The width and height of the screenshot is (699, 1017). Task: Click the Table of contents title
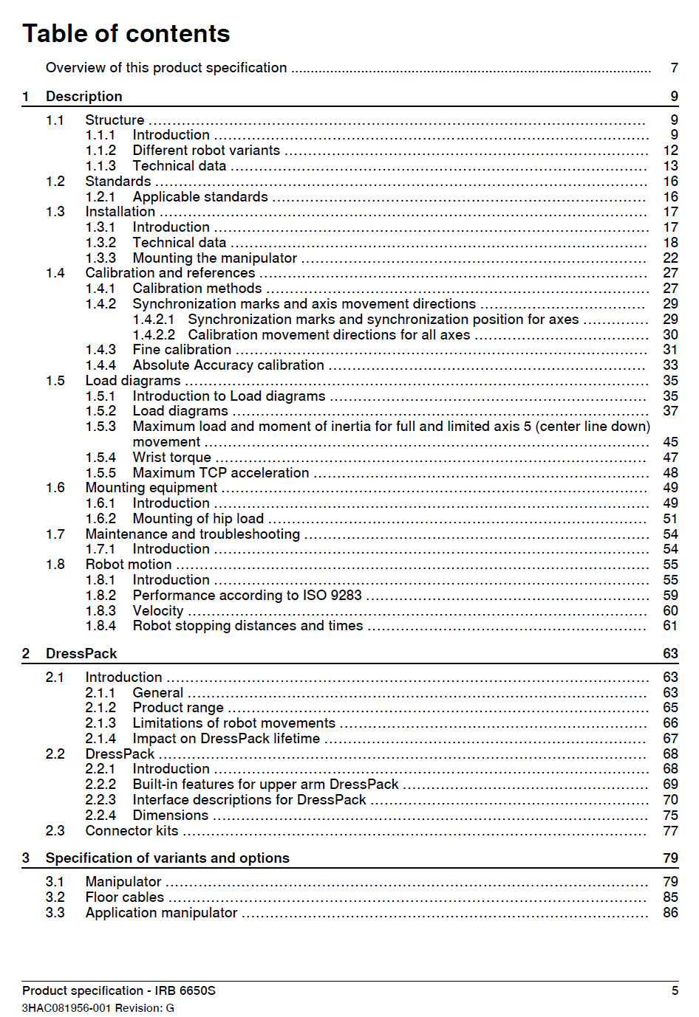(126, 34)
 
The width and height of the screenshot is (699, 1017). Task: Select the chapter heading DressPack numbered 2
(81, 654)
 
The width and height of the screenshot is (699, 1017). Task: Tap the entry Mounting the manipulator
(214, 258)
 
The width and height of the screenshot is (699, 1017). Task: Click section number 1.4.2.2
(154, 335)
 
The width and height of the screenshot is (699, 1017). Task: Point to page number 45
(670, 442)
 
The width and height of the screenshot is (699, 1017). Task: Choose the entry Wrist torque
(171, 458)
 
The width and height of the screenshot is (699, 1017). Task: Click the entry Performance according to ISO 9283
(247, 596)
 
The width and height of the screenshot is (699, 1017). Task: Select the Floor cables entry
(124, 897)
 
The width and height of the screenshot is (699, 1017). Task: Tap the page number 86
(670, 913)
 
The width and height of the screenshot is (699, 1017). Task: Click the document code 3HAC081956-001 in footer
(67, 1008)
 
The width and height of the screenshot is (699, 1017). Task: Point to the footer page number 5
(675, 990)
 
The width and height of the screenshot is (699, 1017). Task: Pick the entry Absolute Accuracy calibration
(228, 365)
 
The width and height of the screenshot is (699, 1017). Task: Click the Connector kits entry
(132, 831)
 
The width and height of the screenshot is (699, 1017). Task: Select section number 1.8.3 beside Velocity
(100, 611)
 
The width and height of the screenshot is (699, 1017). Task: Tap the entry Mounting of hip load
(198, 519)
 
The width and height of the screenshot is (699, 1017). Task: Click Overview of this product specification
(166, 68)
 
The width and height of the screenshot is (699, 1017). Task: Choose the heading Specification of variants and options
(167, 858)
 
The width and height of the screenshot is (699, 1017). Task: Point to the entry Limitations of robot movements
(233, 723)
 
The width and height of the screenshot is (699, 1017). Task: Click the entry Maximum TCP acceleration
(220, 473)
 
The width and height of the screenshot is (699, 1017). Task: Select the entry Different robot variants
(206, 151)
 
